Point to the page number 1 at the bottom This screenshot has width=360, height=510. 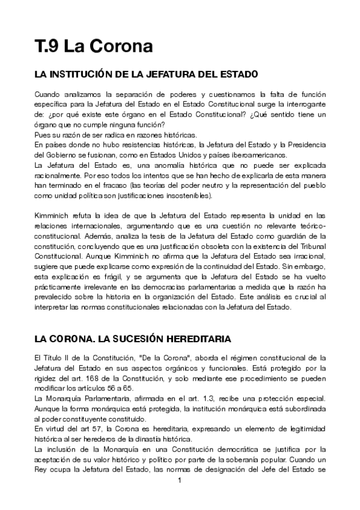tap(180, 497)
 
